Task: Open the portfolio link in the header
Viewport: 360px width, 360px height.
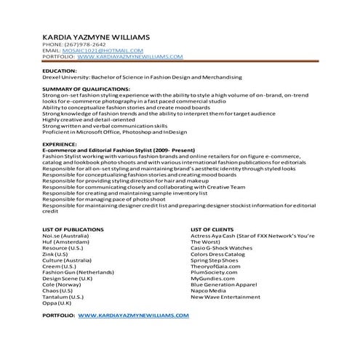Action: point(129,56)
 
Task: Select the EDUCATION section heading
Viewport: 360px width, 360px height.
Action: point(60,71)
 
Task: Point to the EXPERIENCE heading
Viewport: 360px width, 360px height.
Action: point(61,145)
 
